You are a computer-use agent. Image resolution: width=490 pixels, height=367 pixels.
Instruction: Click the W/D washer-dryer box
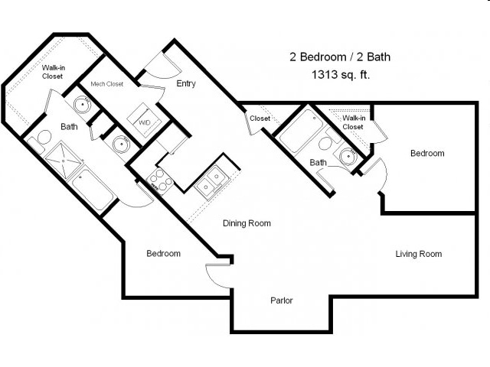pyautogui.click(x=144, y=120)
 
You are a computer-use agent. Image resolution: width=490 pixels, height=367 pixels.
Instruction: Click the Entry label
pyautogui.click(x=185, y=83)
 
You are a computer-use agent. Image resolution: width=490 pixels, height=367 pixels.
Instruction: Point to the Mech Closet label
pyautogui.click(x=106, y=83)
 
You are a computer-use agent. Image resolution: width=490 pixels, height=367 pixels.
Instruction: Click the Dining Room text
pyautogui.click(x=247, y=223)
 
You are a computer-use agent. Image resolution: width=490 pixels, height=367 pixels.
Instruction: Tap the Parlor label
pyautogui.click(x=282, y=300)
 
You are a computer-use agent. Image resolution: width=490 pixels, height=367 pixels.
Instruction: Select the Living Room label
pyautogui.click(x=418, y=254)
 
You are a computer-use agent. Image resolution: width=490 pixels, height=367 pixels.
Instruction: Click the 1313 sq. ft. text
pyautogui.click(x=341, y=75)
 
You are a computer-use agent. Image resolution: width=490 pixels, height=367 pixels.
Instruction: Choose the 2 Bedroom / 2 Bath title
pyautogui.click(x=341, y=57)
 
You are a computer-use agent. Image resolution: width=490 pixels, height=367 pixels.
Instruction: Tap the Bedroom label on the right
pyautogui.click(x=426, y=153)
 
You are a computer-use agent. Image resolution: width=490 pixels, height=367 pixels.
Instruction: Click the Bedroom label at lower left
pyautogui.click(x=163, y=253)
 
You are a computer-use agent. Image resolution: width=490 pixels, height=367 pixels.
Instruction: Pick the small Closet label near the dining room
pyautogui.click(x=260, y=119)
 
